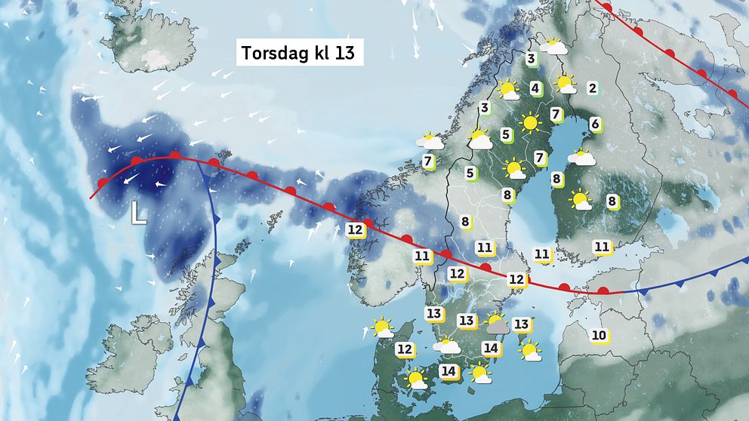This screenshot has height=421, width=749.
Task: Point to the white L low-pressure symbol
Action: click(137, 213)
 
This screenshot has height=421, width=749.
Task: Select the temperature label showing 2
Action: click(593, 88)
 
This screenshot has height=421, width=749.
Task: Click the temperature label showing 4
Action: click(535, 88)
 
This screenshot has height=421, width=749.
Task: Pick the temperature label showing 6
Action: click(595, 124)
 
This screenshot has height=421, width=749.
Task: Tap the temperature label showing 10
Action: click(600, 335)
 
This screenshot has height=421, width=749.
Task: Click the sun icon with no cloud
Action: click(531, 121)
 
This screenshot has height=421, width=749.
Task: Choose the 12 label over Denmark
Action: click(405, 349)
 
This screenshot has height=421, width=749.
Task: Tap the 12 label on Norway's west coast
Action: click(356, 229)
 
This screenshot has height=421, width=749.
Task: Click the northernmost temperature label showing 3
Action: click(532, 59)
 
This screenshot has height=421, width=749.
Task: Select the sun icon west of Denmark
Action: click(382, 328)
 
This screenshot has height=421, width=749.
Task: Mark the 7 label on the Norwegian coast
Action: click(427, 161)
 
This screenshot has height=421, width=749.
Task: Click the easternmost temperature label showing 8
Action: click(612, 201)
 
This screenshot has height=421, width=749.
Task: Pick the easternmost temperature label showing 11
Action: click(602, 246)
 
